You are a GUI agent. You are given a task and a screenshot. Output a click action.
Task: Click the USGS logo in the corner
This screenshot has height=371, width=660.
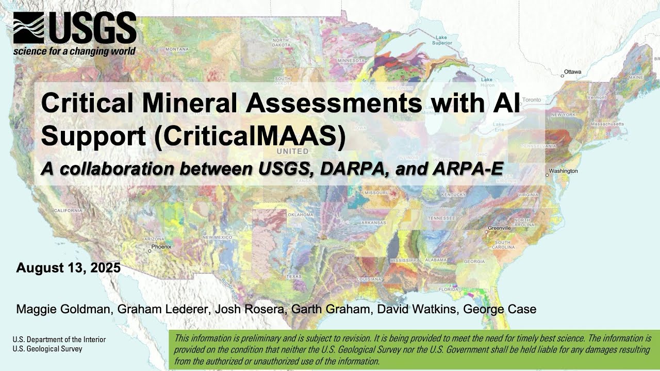point(75,29)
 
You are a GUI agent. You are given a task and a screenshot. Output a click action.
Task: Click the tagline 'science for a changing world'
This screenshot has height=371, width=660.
point(74,51)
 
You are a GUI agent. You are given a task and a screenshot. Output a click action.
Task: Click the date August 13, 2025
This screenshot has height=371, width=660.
point(69,268)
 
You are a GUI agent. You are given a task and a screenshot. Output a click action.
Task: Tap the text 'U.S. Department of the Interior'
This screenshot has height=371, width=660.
point(59,340)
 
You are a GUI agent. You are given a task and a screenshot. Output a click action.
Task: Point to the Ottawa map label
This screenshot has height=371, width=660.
point(572,72)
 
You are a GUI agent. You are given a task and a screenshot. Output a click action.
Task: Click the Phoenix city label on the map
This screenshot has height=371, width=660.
point(161,247)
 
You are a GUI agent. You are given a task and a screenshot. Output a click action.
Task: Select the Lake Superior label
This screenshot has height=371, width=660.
point(442,40)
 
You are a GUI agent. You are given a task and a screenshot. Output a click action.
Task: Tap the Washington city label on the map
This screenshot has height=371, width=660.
point(563,171)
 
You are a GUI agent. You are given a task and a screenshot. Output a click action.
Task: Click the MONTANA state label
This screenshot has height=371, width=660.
point(177,49)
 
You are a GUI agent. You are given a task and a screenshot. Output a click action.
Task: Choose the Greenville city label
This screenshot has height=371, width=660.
point(499,228)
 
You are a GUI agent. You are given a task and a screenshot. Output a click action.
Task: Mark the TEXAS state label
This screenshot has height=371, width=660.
point(294,277)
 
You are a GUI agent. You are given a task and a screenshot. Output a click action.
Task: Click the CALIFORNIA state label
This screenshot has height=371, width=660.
point(68,211)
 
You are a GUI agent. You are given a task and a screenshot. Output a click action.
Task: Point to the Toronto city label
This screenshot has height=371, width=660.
point(532,99)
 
